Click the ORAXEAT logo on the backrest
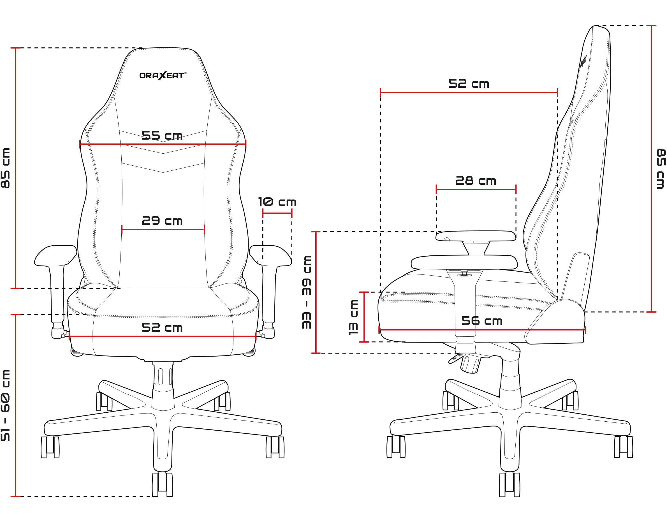tap(163, 75)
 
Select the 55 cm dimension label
tap(162, 135)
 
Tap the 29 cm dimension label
tap(162, 221)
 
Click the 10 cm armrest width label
tap(277, 202)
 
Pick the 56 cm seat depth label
tap(481, 321)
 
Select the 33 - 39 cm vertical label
tap(307, 292)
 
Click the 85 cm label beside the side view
tap(661, 169)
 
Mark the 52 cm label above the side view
tap(468, 84)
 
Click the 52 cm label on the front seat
tap(162, 328)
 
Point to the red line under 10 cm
tap(277, 213)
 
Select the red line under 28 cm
tap(476, 189)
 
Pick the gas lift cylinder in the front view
tap(163, 376)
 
